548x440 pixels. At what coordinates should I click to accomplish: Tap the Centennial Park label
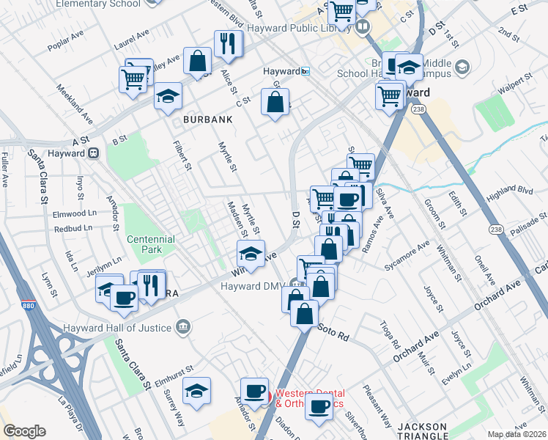(x=150, y=244)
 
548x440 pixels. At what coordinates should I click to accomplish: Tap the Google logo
(x=23, y=431)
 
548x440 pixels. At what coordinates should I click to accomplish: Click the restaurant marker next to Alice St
(x=229, y=45)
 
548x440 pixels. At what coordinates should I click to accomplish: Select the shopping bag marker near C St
(x=275, y=104)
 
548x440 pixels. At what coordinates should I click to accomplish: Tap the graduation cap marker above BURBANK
(x=168, y=96)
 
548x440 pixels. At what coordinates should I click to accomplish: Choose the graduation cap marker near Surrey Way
(x=196, y=392)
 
